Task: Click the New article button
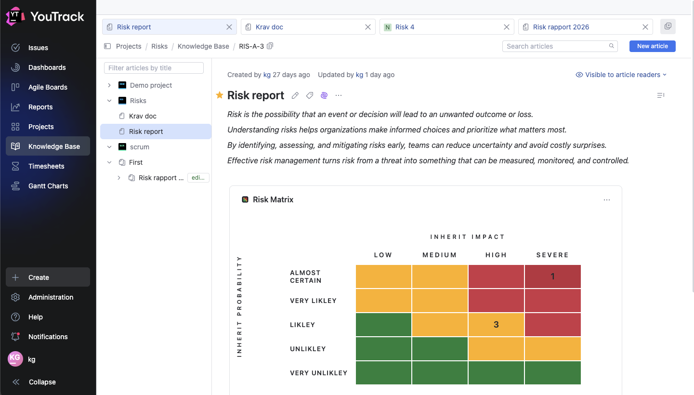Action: tap(652, 46)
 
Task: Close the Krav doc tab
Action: tap(368, 27)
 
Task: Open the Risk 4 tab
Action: tap(405, 27)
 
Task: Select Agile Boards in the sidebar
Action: tap(48, 87)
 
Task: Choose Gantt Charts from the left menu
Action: tap(48, 186)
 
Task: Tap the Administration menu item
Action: tap(51, 297)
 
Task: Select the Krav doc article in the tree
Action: tap(143, 116)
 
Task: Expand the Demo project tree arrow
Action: tap(109, 85)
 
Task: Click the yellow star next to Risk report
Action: tap(220, 95)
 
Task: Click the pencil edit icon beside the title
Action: tap(295, 95)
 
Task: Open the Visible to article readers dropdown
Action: tap(621, 75)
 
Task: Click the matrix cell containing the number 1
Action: tap(552, 276)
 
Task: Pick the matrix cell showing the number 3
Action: tap(496, 325)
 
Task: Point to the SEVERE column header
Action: tap(552, 255)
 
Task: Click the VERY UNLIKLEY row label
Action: tap(318, 373)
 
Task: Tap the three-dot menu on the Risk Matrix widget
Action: tap(606, 200)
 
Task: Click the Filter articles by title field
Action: tap(154, 68)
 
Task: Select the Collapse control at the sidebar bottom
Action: tap(42, 382)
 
